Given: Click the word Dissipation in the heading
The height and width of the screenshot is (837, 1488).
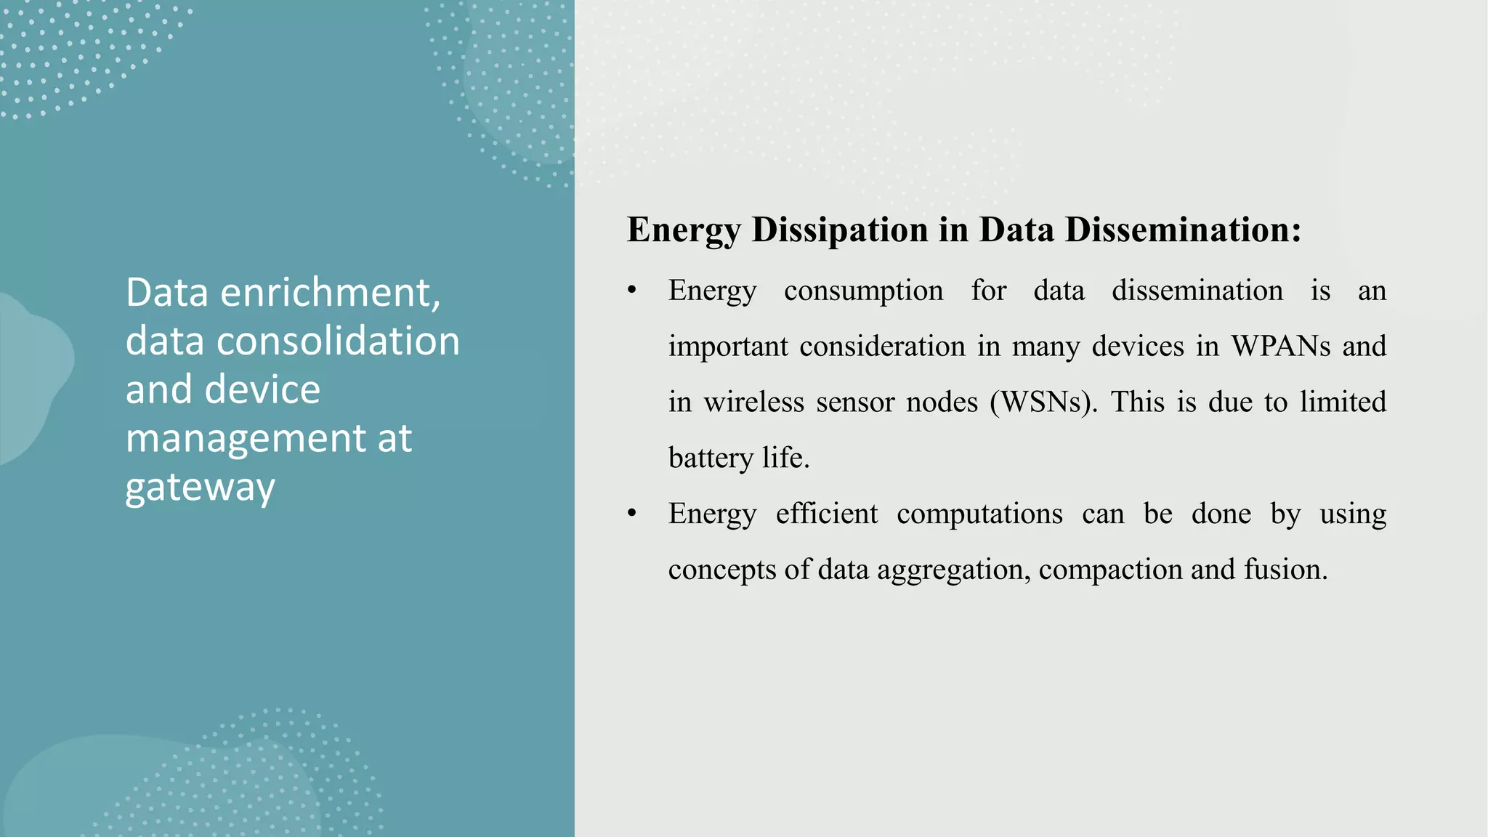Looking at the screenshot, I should [839, 230].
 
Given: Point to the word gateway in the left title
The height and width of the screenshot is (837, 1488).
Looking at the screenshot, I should [200, 488].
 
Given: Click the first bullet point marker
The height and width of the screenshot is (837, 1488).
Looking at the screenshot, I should [632, 291].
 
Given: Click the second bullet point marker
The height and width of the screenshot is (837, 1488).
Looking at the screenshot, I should [632, 514].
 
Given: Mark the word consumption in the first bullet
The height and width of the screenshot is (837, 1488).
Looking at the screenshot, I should [863, 291].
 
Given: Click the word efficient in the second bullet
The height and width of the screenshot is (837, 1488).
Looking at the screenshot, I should [826, 514].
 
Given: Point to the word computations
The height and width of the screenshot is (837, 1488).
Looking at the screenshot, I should [979, 514].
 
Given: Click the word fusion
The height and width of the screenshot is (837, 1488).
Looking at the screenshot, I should [1285, 570].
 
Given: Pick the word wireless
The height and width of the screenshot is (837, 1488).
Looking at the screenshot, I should [753, 403].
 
